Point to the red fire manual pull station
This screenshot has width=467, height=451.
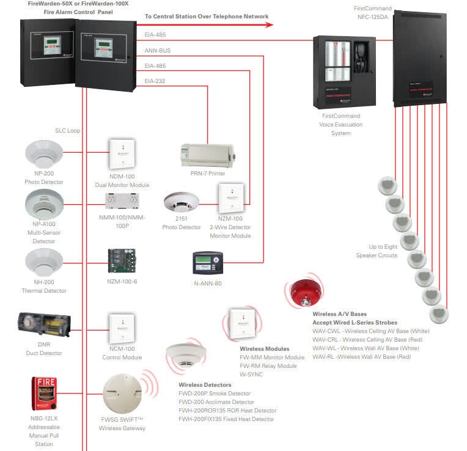(x=44, y=392)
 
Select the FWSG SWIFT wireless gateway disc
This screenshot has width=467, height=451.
(x=122, y=393)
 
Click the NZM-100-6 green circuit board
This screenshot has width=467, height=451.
(x=122, y=260)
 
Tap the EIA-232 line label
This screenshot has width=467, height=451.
(x=155, y=81)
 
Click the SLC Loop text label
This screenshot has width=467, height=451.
(x=67, y=131)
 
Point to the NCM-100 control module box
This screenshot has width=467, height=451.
(x=122, y=329)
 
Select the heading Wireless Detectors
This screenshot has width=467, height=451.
(x=205, y=385)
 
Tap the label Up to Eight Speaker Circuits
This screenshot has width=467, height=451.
(x=377, y=251)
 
